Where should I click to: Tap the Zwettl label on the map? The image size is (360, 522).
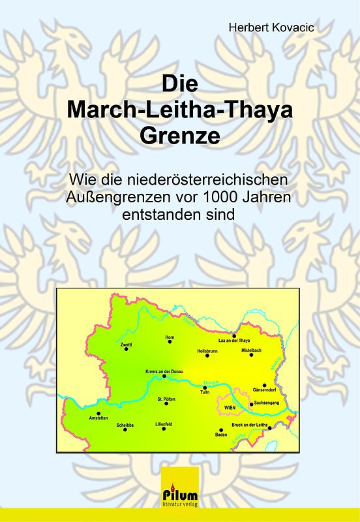click(126, 343)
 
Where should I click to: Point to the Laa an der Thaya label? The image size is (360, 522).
click(234, 341)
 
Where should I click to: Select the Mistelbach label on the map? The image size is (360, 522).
click(251, 350)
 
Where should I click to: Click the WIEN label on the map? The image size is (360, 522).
click(229, 407)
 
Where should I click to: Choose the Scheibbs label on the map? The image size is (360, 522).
click(125, 425)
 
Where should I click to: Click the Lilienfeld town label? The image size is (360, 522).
click(164, 424)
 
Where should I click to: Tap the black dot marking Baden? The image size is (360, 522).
click(221, 430)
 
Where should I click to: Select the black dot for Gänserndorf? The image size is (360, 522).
click(264, 385)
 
